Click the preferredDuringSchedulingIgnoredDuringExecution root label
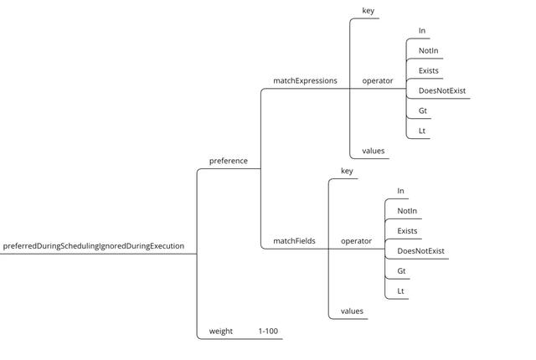[x=93, y=246]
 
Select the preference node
[x=228, y=161]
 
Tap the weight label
[x=220, y=332]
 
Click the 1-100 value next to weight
[x=268, y=332]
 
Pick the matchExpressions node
[x=305, y=81]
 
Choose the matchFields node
[x=294, y=241]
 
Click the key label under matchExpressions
[x=368, y=11]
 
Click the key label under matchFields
[x=347, y=171]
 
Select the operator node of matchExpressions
[x=377, y=81]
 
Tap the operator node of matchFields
[x=356, y=241]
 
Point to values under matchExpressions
[x=374, y=151]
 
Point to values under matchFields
[x=352, y=311]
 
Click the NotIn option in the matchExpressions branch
[x=429, y=51]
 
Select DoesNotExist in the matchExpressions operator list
[x=442, y=90]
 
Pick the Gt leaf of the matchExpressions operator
[x=423, y=111]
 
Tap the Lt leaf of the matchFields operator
[x=401, y=291]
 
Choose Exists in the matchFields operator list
[x=407, y=231]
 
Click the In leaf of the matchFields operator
[x=400, y=191]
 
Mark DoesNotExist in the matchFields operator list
[x=420, y=251]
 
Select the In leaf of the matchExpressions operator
[x=422, y=31]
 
